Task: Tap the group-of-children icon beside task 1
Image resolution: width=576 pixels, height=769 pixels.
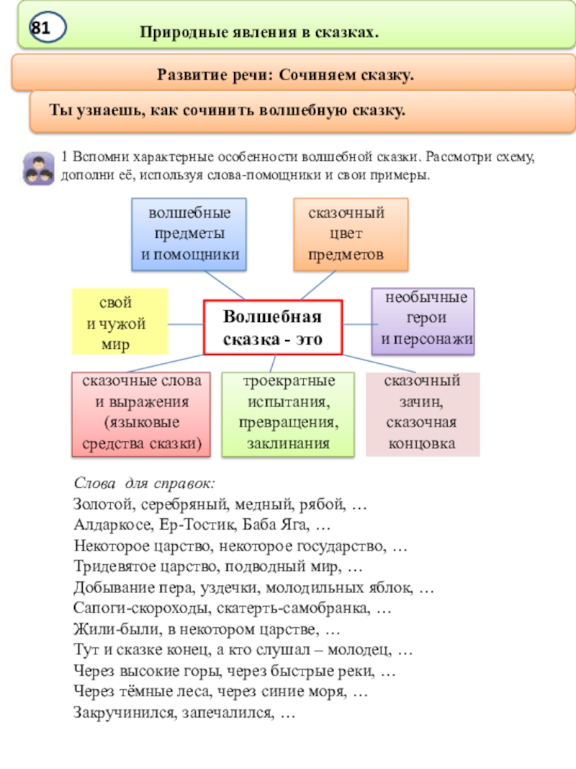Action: [38, 169]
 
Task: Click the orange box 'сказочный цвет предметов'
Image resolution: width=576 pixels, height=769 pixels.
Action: [351, 234]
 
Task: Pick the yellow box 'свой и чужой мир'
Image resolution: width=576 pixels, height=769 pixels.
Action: [120, 321]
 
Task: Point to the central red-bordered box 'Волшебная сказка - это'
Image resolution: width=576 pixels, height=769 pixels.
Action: [273, 327]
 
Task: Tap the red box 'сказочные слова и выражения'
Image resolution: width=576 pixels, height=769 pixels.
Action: [141, 415]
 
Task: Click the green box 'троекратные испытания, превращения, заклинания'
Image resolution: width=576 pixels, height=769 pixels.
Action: [288, 415]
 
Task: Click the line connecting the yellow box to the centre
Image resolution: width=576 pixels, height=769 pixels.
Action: [186, 325]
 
